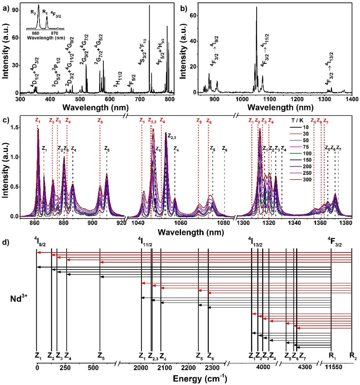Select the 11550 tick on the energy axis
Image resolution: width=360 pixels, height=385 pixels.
pos(337,368)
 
